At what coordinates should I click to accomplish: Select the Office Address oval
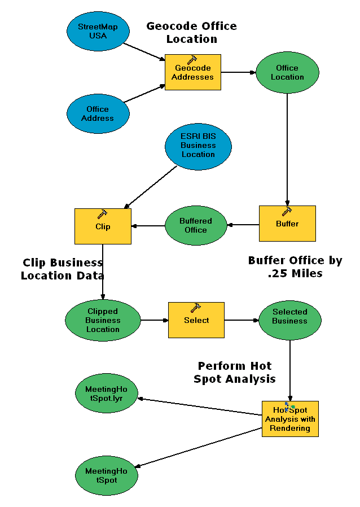98,113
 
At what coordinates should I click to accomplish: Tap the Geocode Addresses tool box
193,72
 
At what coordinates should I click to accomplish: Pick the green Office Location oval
287,72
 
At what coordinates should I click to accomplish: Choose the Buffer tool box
287,224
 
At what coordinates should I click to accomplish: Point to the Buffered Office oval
195,225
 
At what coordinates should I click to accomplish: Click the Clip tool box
103,226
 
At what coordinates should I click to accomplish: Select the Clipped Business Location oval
103,320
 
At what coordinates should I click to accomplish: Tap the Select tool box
196,320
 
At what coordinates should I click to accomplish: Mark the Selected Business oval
289,320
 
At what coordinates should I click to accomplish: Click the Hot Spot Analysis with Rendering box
290,419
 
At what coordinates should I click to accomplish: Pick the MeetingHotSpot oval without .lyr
107,475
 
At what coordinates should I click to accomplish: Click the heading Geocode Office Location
191,33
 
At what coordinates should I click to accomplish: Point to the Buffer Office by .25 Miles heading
295,266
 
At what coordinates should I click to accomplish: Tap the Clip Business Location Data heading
63,269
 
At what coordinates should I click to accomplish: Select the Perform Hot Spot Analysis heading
235,372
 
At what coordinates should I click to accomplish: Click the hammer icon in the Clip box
102,214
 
